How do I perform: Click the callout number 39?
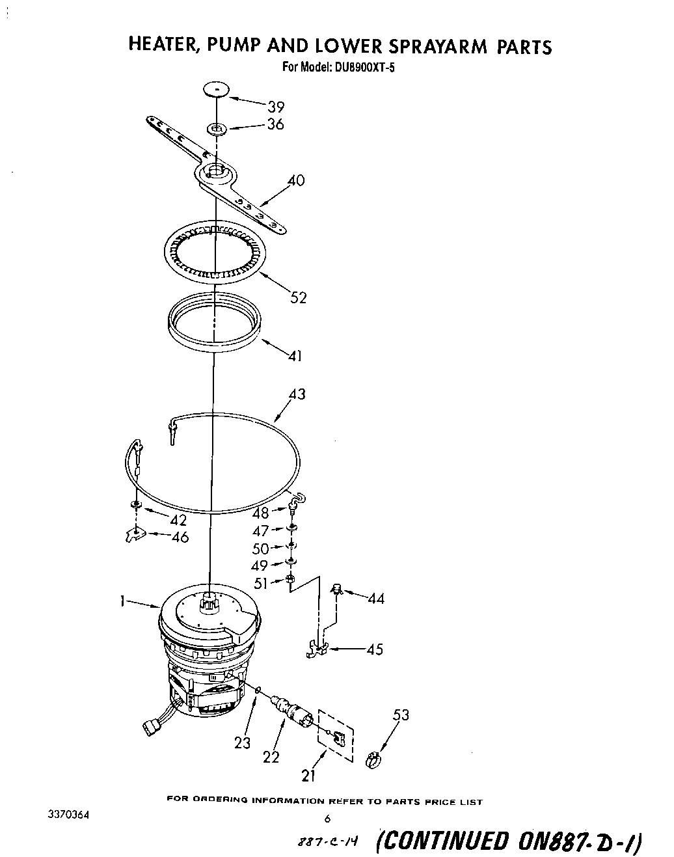click(276, 107)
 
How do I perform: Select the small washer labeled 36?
click(217, 129)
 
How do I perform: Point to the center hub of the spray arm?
click(214, 172)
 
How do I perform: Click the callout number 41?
click(295, 356)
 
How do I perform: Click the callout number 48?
click(260, 513)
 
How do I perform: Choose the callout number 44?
click(375, 598)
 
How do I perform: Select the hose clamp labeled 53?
click(373, 757)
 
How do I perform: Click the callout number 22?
click(271, 757)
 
